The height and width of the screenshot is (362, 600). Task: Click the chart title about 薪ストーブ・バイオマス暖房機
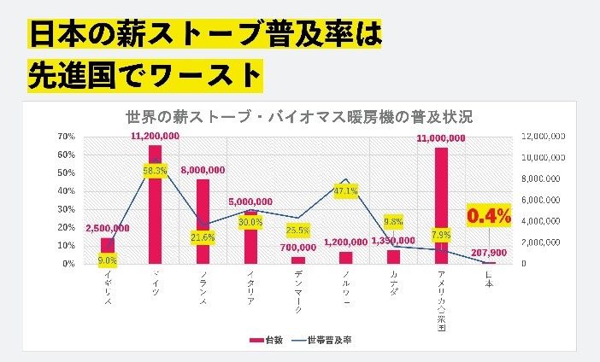coord(299,117)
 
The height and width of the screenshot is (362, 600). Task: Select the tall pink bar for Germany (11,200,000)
coord(155,205)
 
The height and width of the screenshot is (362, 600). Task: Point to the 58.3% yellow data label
coord(155,172)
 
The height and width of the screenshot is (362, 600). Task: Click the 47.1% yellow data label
coord(345,191)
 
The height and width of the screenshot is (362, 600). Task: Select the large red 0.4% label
coord(488,216)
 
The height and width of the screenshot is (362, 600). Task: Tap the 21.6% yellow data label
coord(203,236)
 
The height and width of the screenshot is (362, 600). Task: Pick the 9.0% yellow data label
coord(108,260)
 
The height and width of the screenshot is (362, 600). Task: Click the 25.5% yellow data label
coord(297,231)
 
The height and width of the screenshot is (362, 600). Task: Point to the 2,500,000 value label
coord(108,228)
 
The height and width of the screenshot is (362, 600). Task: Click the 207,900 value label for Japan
coord(488,253)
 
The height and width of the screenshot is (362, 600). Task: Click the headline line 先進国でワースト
coord(144,74)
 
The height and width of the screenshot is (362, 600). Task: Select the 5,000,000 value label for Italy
coord(250,201)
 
